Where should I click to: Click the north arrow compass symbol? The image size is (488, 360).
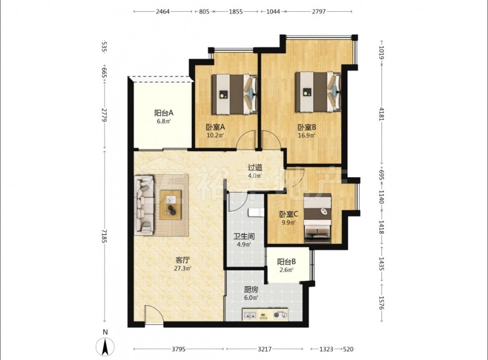[x=105, y=346]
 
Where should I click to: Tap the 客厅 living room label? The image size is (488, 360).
[x=183, y=260]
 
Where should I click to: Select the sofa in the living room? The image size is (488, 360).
[x=144, y=205]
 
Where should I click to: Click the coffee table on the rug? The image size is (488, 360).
[x=170, y=205]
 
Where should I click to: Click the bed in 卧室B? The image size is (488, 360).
[x=318, y=92]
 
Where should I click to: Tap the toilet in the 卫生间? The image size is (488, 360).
[x=256, y=212]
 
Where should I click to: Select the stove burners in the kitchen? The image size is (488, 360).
[x=280, y=315]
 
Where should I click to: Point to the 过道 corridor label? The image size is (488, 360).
[x=255, y=167]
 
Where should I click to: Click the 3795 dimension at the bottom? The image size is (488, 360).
[x=179, y=349]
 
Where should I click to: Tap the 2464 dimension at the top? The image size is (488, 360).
[x=163, y=12]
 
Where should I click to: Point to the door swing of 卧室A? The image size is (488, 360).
[x=246, y=140]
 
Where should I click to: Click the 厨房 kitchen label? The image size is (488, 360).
[x=251, y=290]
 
